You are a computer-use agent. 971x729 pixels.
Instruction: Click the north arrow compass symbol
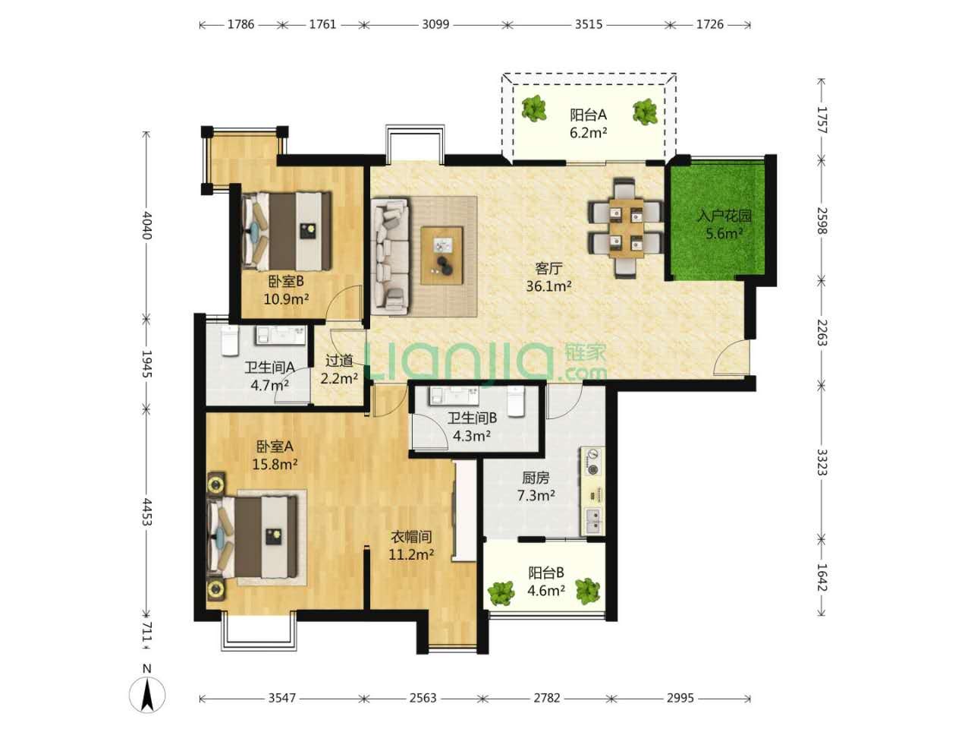pyautogui.click(x=147, y=693)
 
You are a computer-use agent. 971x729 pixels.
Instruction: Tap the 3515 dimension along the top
pyautogui.click(x=589, y=24)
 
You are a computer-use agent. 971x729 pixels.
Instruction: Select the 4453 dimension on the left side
pyautogui.click(x=146, y=512)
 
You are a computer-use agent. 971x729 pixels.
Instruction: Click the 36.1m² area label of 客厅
pyautogui.click(x=548, y=286)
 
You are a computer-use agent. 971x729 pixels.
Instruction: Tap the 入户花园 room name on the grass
pyautogui.click(x=724, y=216)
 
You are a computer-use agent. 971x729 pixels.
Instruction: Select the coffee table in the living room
pyautogui.click(x=442, y=255)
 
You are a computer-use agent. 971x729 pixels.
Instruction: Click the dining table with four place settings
pyautogui.click(x=626, y=228)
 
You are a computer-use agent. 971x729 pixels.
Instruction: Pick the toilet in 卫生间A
pyautogui.click(x=229, y=341)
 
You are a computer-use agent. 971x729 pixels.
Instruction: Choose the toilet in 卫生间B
pyautogui.click(x=515, y=401)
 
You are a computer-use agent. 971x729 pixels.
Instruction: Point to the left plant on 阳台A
pyautogui.click(x=533, y=109)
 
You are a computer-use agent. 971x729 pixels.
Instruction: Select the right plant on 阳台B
pyautogui.click(x=587, y=591)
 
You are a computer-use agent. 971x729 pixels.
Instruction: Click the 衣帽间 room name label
pyautogui.click(x=411, y=537)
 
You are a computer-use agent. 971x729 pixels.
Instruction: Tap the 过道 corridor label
pyautogui.click(x=339, y=361)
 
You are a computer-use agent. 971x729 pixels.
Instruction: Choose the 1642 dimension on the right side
pyautogui.click(x=822, y=576)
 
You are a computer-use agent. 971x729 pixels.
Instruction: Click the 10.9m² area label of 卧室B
pyautogui.click(x=286, y=299)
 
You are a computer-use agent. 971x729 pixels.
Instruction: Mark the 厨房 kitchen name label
pyautogui.click(x=536, y=478)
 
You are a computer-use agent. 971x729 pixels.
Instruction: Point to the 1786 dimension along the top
pyautogui.click(x=240, y=24)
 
